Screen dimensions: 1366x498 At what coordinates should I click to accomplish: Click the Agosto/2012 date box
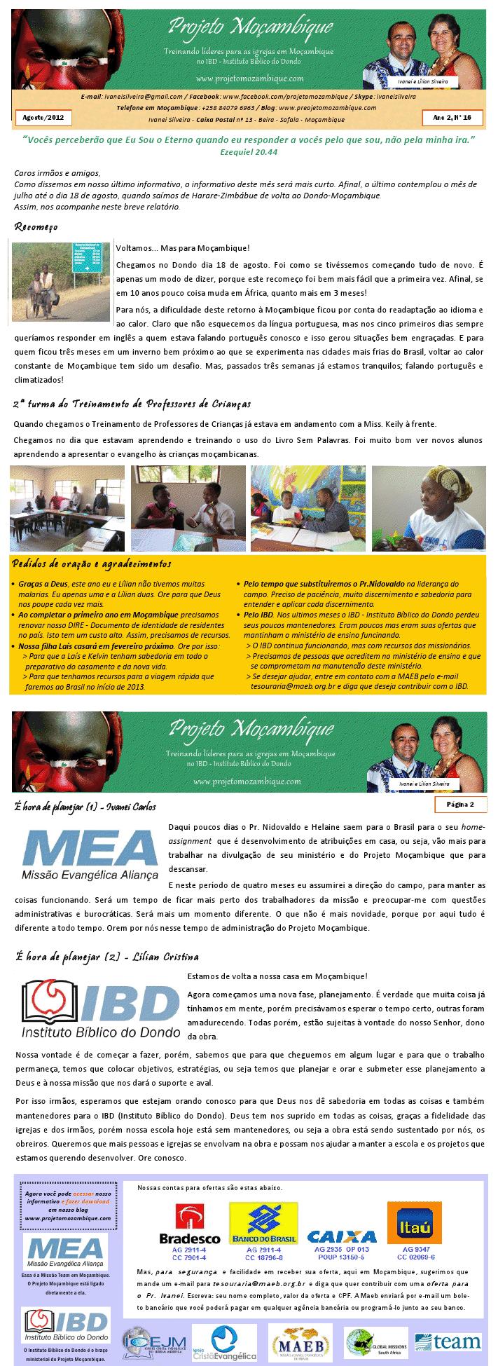(43, 117)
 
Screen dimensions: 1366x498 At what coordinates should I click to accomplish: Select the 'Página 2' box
(460, 804)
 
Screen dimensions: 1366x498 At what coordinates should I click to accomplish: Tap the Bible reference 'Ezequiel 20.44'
(249, 152)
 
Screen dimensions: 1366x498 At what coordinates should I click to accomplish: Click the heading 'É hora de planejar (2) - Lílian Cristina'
(106, 957)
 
